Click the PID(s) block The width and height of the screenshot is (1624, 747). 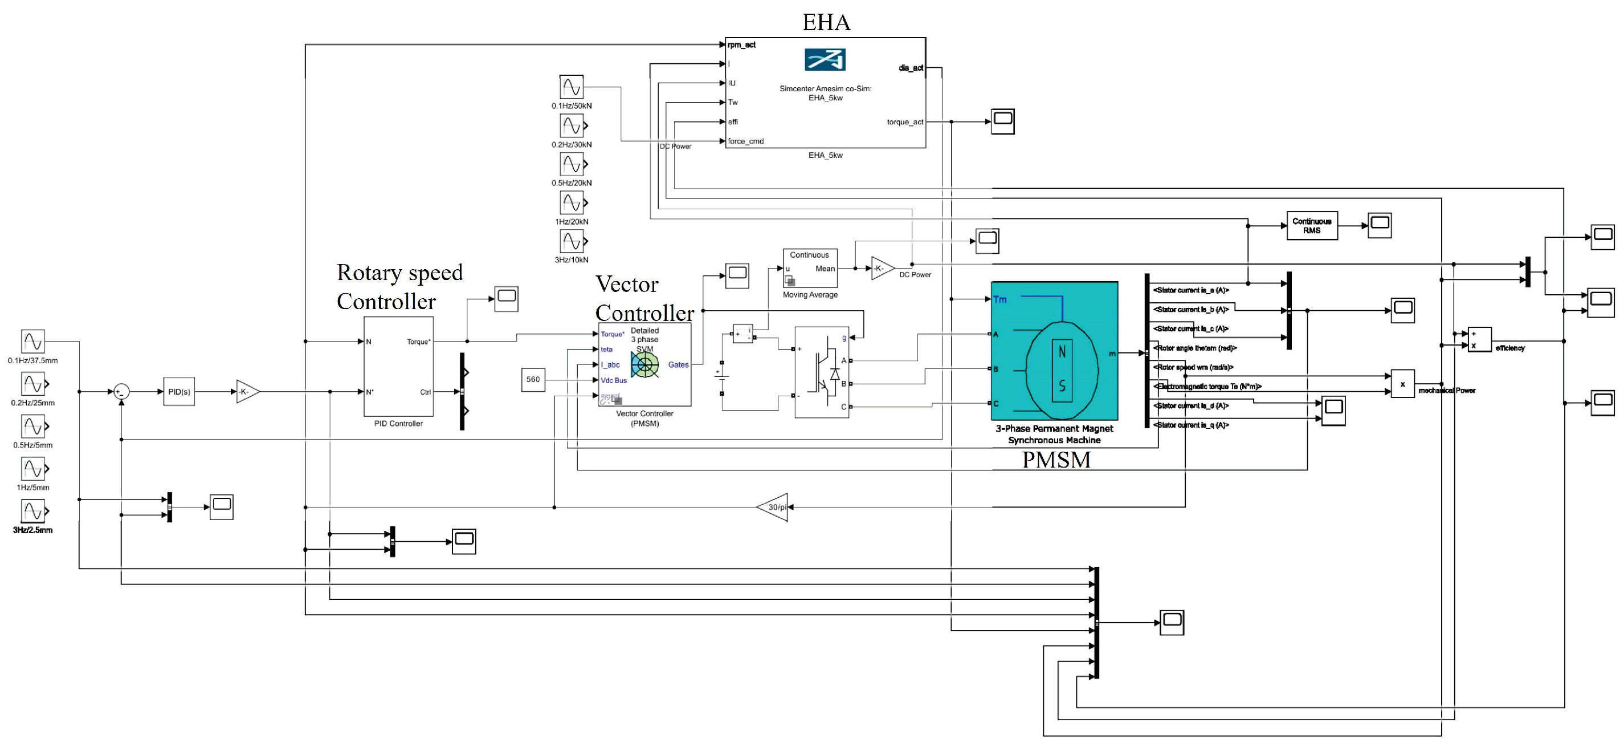pos(179,392)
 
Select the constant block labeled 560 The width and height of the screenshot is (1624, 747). pos(533,380)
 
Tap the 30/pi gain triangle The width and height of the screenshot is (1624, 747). pos(775,508)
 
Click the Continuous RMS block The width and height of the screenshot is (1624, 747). pos(1311,226)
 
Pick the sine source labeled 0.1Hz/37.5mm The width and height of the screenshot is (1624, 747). pos(33,342)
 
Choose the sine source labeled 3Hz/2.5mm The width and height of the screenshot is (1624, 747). pos(33,511)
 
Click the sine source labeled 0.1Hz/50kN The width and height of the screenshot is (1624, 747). pos(571,87)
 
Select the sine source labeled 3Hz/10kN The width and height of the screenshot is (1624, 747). pos(571,241)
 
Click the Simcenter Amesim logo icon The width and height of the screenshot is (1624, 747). pos(825,60)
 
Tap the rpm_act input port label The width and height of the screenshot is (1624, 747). pos(741,45)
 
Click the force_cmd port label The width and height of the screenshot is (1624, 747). pos(745,141)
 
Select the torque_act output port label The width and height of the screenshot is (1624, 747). pos(905,123)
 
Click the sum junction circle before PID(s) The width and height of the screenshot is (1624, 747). pos(121,392)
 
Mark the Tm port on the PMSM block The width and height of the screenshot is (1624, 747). pos(1000,300)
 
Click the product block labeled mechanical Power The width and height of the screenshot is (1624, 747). pos(1402,384)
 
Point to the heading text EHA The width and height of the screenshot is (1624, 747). pos(826,23)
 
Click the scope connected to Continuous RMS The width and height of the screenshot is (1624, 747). pos(1380,225)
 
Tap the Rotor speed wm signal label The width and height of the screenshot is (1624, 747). pos(1193,367)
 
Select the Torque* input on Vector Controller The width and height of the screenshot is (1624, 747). pos(612,334)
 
